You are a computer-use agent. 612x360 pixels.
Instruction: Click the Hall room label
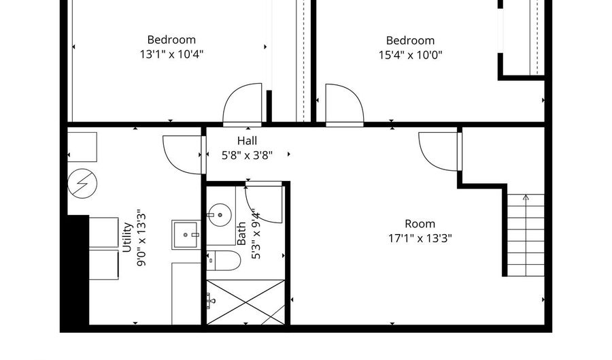coord(247,141)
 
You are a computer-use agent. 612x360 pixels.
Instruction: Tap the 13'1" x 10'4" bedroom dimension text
coord(172,54)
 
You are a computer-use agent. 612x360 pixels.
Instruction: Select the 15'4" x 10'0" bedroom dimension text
coord(410,55)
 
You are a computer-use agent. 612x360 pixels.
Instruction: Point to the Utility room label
coord(127,237)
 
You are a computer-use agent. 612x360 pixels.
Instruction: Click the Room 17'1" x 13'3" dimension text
coord(420,238)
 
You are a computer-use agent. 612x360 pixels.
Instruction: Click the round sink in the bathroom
coord(220,215)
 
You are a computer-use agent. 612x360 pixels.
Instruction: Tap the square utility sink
coord(186,235)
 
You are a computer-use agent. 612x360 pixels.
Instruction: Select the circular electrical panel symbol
coord(82,183)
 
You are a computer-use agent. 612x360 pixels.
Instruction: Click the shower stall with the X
coord(245,302)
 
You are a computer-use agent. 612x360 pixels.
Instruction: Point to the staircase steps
coord(526,235)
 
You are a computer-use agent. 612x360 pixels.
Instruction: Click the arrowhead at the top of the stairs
coord(526,197)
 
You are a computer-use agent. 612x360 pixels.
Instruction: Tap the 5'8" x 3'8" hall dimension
coord(247,155)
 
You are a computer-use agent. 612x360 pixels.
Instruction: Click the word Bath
coord(241,233)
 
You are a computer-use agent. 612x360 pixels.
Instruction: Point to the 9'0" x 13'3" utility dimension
coord(141,240)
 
